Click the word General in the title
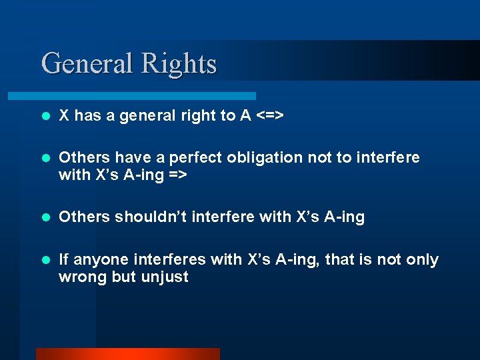[87, 64]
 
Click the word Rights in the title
[179, 64]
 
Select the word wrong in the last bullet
[82, 277]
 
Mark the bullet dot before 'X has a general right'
[45, 116]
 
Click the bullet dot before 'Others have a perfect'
[45, 158]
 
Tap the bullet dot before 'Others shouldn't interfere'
[45, 217]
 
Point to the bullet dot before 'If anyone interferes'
[45, 259]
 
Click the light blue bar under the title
[147, 96]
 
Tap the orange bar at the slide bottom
[127, 353]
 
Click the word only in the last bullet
[423, 259]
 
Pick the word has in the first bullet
[87, 116]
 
